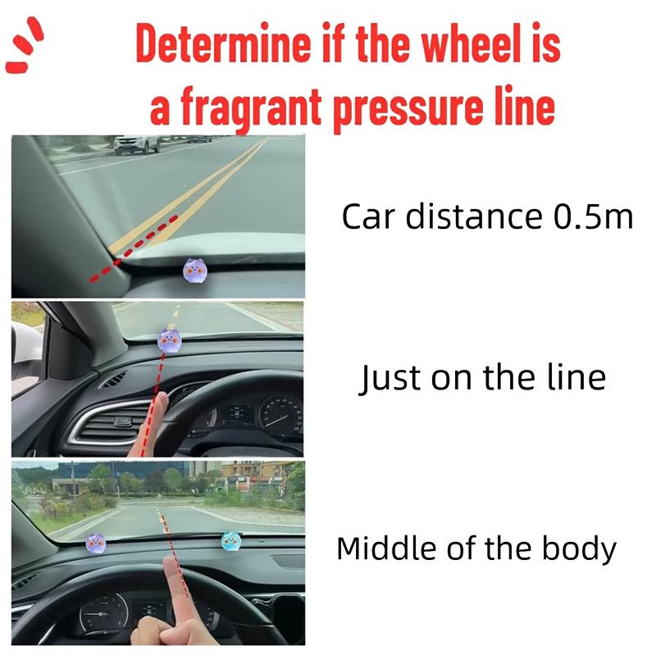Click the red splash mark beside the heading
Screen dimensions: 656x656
25,45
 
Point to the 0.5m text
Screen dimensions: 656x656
593,216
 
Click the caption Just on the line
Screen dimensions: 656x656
482,377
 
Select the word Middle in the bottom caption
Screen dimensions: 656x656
387,548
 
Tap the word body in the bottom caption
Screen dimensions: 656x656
579,549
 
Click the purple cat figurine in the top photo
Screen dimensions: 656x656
194,271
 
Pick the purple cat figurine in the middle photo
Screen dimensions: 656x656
170,340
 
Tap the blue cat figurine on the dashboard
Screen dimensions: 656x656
231,541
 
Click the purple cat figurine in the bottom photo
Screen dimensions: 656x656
96,543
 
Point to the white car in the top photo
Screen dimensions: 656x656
136,144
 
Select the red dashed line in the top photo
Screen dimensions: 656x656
134,248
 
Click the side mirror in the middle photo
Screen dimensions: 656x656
27,360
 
